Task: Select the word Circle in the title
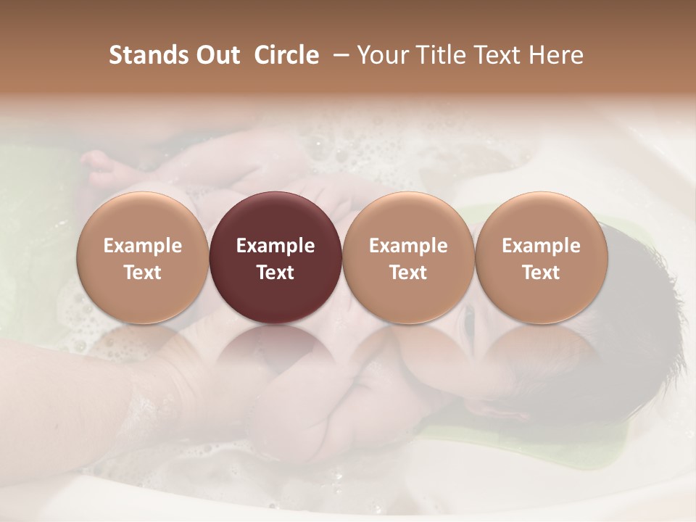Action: (285, 55)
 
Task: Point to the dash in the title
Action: (338, 55)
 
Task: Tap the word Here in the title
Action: (557, 55)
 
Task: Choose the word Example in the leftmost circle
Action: (143, 246)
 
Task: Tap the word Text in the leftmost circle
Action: (143, 273)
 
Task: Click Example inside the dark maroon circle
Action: (275, 246)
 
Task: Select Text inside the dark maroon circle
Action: (275, 273)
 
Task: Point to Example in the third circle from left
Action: (408, 246)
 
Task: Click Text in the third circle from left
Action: (408, 273)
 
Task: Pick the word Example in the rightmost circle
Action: (541, 246)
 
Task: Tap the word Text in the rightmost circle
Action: (541, 273)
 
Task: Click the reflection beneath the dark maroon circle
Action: (275, 355)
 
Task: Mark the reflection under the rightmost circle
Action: (541, 355)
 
